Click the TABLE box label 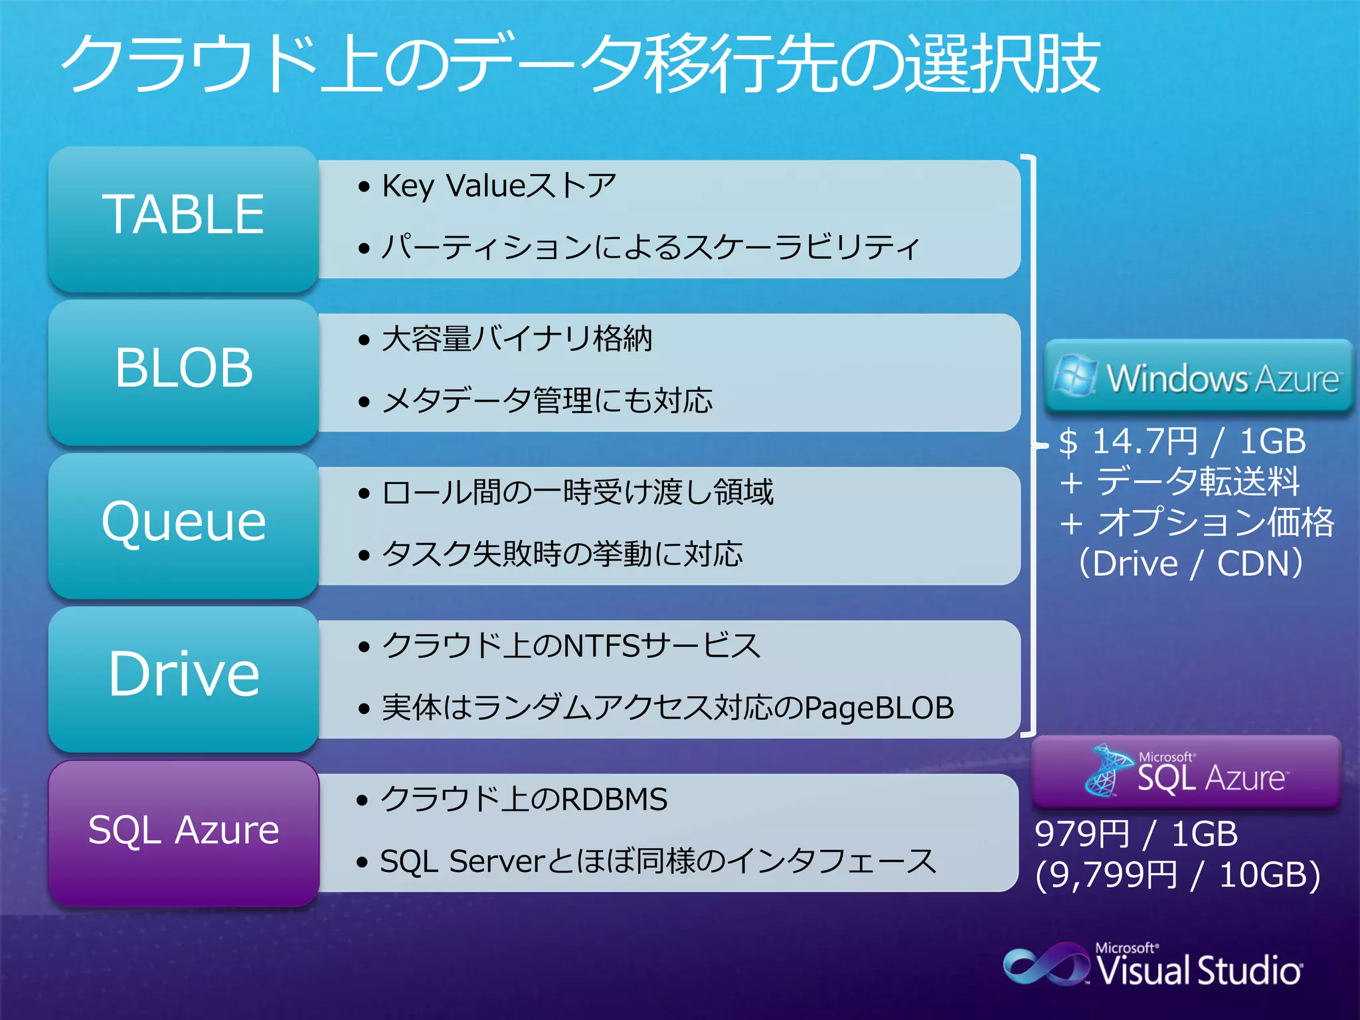(x=183, y=214)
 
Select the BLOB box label (x=184, y=368)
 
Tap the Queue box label (x=184, y=522)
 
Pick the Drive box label (x=184, y=674)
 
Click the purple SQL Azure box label (x=184, y=830)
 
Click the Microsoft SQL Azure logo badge (x=1186, y=772)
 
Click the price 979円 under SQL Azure (x=1082, y=834)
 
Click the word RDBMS (x=614, y=800)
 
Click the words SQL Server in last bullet (x=462, y=862)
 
